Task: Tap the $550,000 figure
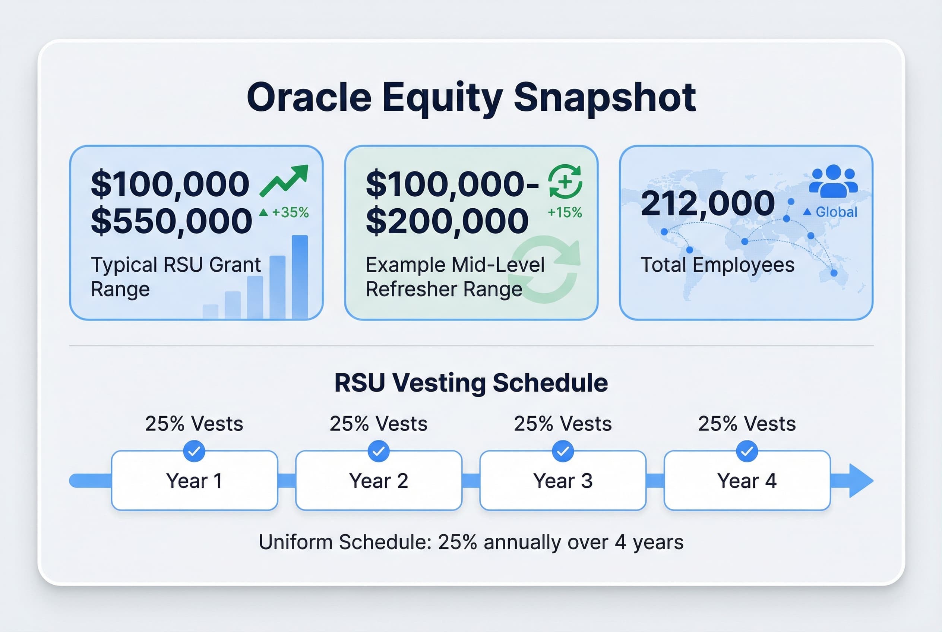(171, 221)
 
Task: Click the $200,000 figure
(447, 221)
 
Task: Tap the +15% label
(564, 212)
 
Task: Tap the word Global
(837, 212)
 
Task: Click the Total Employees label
(717, 265)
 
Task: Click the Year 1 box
(194, 480)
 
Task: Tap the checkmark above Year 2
(379, 451)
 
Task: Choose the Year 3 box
(563, 480)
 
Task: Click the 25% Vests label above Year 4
(746, 424)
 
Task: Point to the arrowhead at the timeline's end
(860, 480)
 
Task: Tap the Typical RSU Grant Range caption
(176, 277)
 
